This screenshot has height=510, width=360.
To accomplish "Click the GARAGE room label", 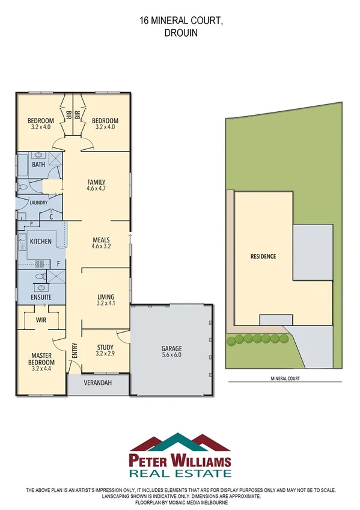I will coord(171,349).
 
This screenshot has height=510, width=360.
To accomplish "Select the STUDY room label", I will coord(105,346).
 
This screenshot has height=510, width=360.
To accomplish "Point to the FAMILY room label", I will coord(96,182).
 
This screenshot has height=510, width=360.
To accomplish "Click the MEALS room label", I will coord(100,240).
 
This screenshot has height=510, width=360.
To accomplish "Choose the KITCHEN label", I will coord(40,242).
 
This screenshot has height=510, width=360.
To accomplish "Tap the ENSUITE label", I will coord(41,297).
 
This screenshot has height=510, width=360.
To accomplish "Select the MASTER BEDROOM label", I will coord(41,358).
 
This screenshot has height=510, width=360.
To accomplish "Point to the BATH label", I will coord(38,165).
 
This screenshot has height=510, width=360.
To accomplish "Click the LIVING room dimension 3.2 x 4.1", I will coord(106,304).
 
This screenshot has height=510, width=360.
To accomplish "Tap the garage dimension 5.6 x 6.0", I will coord(171,355).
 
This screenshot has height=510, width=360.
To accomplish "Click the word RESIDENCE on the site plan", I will coord(263,256).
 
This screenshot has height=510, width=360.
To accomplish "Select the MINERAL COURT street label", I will coord(281,379).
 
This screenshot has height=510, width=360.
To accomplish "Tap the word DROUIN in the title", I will coord(180,34).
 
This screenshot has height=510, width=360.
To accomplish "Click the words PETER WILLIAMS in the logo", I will coord(180,462).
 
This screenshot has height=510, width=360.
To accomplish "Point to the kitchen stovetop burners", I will coord(40,263).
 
